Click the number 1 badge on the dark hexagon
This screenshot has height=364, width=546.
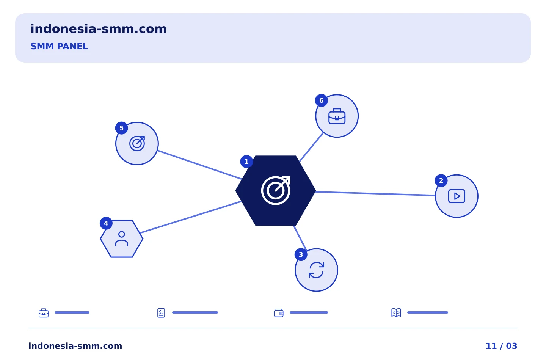click(246, 162)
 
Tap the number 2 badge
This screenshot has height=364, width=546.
click(441, 180)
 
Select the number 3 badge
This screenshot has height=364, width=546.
click(301, 254)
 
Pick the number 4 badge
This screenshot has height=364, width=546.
click(106, 223)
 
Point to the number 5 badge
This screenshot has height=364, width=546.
click(121, 128)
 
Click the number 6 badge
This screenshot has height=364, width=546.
click(321, 100)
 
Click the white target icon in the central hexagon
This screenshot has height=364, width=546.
click(276, 190)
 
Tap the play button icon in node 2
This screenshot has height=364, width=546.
click(457, 196)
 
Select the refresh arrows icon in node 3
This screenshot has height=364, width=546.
click(316, 270)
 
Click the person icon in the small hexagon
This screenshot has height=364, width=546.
click(121, 238)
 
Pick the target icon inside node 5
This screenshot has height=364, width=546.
click(137, 143)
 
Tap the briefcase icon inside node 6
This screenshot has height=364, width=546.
click(337, 116)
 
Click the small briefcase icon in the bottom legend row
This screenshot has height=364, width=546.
click(44, 313)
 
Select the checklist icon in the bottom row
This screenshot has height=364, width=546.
click(161, 313)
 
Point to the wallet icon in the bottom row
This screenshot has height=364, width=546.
click(279, 313)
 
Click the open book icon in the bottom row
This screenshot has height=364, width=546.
click(396, 312)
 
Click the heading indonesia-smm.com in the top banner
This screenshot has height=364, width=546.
click(99, 29)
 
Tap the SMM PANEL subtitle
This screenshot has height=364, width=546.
click(59, 46)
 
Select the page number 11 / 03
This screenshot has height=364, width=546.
click(501, 346)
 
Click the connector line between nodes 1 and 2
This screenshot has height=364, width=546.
click(375, 194)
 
